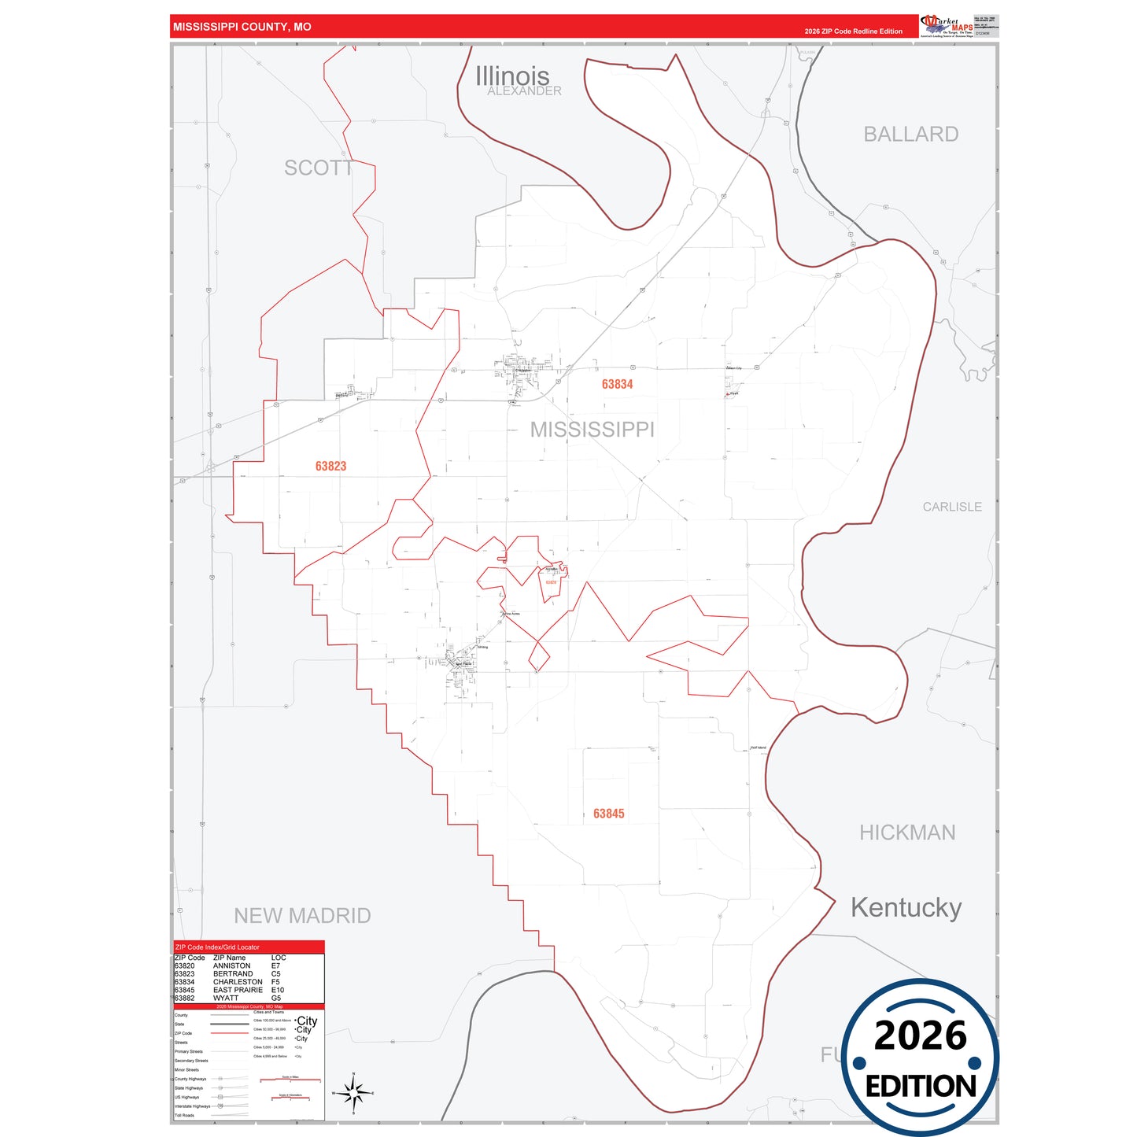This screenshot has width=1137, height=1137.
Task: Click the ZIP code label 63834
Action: [617, 384]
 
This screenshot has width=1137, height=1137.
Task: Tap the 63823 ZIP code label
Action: [330, 466]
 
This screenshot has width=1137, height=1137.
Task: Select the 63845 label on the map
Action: [608, 814]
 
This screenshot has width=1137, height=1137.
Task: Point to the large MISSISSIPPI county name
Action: [592, 430]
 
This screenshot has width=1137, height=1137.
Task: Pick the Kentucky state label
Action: [906, 907]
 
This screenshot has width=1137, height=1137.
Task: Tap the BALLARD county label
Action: [910, 135]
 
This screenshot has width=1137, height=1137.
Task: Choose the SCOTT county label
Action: [318, 168]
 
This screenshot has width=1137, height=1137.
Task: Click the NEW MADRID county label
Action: [302, 916]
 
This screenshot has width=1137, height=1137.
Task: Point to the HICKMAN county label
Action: [906, 832]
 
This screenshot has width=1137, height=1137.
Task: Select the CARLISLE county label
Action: [952, 507]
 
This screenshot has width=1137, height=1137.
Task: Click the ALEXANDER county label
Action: [524, 91]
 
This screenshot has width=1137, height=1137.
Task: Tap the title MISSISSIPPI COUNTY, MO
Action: [242, 27]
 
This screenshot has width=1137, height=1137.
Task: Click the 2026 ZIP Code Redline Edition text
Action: [853, 31]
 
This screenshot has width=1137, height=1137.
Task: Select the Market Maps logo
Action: [947, 25]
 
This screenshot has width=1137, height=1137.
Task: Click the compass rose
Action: [353, 1092]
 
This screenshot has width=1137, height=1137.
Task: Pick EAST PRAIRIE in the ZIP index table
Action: [238, 990]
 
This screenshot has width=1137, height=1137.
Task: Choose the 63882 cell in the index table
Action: [185, 999]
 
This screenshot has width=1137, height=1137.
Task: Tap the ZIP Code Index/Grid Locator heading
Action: [217, 947]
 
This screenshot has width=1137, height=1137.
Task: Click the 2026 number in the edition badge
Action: [920, 1035]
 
